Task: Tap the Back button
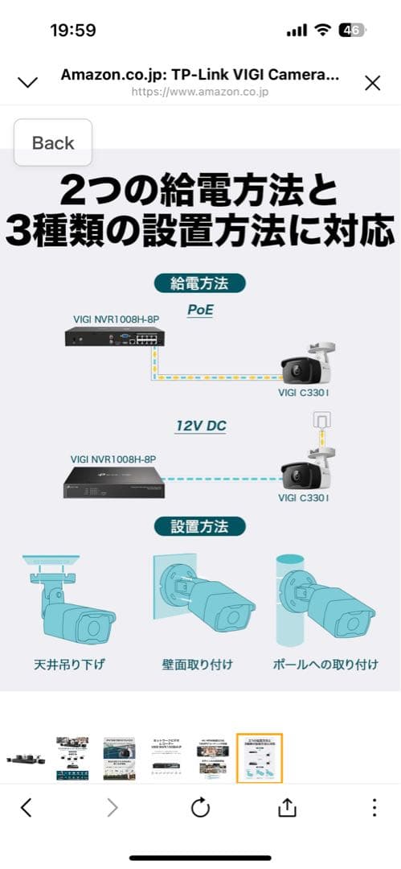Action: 53,143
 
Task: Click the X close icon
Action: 372,82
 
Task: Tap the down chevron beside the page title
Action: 28,82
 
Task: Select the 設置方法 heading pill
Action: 199,526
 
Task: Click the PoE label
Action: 200,309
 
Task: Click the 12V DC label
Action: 201,426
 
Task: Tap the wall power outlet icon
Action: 321,421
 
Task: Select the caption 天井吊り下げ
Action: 70,665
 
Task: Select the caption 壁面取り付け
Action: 198,665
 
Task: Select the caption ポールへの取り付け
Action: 325,665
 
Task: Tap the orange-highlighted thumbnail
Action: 260,757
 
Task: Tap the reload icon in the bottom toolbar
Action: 200,808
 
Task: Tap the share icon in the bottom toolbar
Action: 287,808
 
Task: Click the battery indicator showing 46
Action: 352,31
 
